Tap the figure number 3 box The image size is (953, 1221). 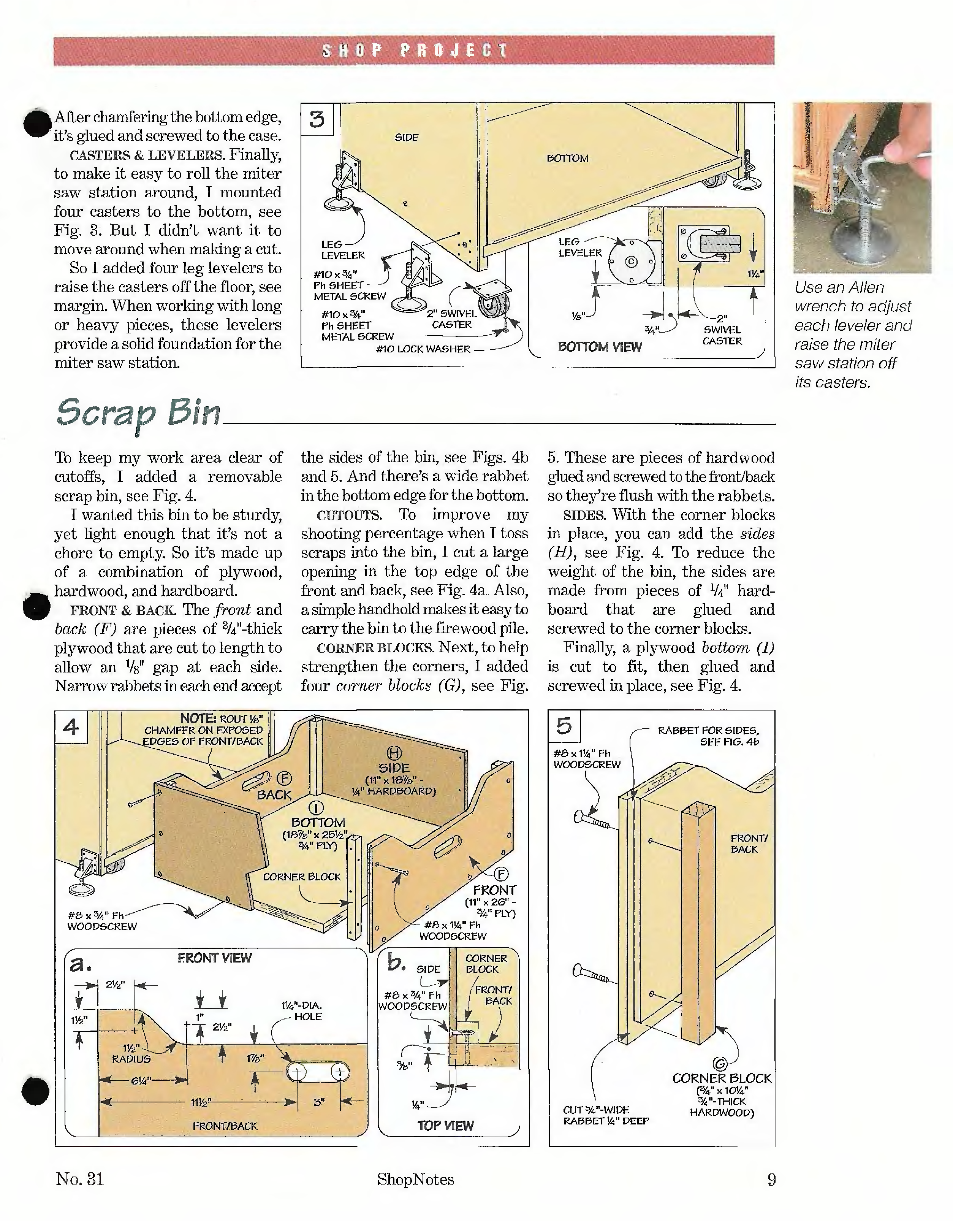(x=317, y=119)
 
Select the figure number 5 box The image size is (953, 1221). (x=564, y=726)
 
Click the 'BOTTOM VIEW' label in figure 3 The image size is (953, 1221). (x=600, y=347)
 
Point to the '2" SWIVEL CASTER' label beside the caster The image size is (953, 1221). (x=452, y=319)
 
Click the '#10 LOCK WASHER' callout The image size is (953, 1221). (x=423, y=349)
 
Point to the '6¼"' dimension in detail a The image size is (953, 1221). (x=140, y=1081)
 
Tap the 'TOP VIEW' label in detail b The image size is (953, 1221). (x=445, y=1126)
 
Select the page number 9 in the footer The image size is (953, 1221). (x=771, y=1180)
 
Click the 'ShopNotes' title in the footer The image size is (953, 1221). (x=415, y=1180)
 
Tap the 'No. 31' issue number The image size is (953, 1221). (x=79, y=1179)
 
